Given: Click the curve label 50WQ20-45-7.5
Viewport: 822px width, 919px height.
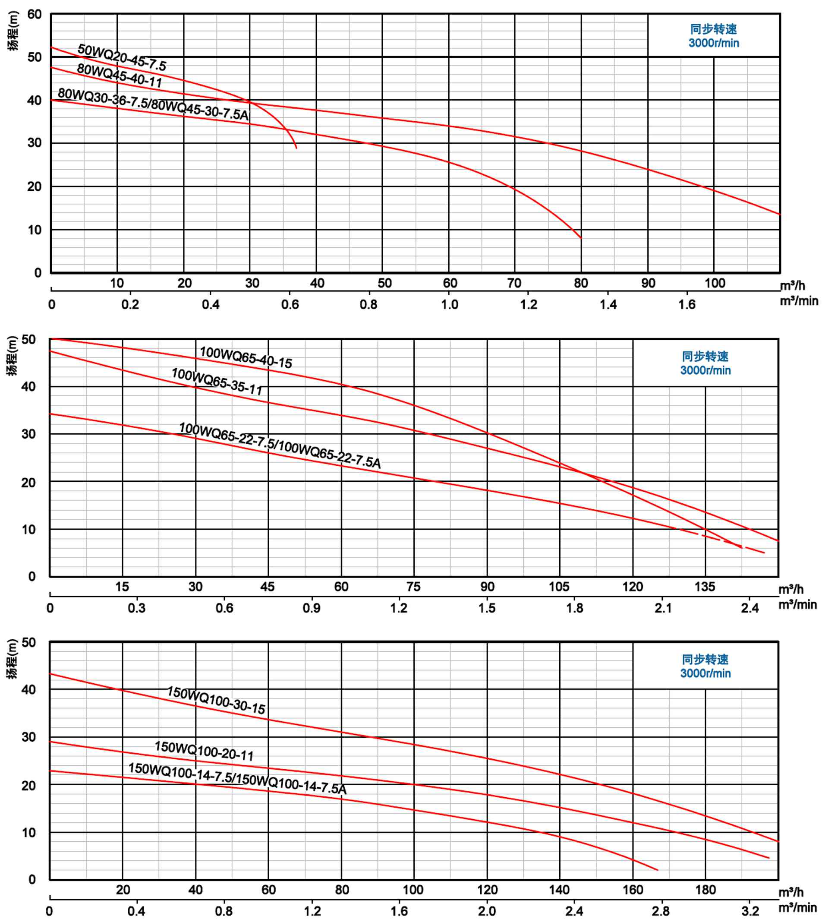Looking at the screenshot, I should [122, 57].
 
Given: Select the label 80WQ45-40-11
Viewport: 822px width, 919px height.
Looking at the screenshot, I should [119, 75].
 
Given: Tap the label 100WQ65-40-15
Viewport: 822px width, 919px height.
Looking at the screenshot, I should [246, 357].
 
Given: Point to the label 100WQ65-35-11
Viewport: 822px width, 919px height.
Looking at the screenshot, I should [217, 381].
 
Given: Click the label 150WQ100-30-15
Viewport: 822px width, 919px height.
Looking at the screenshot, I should [216, 700].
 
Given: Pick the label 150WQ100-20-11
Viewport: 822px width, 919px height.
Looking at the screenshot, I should [204, 751].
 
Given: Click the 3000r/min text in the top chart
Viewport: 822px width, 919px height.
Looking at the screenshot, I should [714, 43].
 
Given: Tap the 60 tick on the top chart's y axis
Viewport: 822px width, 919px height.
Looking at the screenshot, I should [35, 14].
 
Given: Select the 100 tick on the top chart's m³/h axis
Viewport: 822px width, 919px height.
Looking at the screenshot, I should [715, 283].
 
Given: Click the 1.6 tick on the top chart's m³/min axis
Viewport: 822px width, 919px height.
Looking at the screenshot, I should [687, 304].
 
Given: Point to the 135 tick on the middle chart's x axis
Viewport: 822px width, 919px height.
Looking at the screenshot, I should [705, 587].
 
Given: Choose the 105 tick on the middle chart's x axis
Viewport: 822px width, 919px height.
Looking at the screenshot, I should [559, 587].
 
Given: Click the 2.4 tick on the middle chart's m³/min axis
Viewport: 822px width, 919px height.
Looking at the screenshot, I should [750, 608].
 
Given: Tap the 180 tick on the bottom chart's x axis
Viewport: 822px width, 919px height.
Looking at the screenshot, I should [705, 890].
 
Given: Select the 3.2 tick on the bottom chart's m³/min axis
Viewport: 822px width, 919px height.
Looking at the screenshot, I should [750, 911].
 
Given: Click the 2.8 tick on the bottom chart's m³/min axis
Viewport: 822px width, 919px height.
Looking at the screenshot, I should [661, 911].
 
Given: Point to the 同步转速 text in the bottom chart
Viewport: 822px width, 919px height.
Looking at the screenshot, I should [705, 659].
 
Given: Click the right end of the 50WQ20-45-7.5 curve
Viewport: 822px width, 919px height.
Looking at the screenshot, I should [296, 148].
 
